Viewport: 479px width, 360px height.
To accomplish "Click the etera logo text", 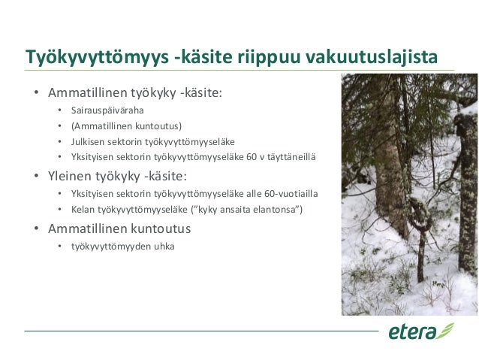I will pyautogui.click(x=411, y=331).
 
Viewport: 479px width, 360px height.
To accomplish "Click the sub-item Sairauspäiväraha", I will pyautogui.click(x=108, y=110).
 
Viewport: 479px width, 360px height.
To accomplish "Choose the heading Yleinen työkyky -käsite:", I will pyautogui.click(x=118, y=177).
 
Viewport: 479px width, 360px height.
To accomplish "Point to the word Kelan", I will pyautogui.click(x=83, y=209).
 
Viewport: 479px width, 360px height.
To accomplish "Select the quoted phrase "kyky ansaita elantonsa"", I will pyautogui.click(x=252, y=209).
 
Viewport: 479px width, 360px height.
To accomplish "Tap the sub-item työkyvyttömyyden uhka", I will pyautogui.click(x=122, y=246).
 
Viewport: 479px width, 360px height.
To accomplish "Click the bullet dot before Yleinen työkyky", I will pyautogui.click(x=35, y=178).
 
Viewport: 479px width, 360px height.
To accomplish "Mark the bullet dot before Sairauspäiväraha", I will pyautogui.click(x=59, y=111).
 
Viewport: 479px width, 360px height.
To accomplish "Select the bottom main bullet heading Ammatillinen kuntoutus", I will pyautogui.click(x=119, y=228).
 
